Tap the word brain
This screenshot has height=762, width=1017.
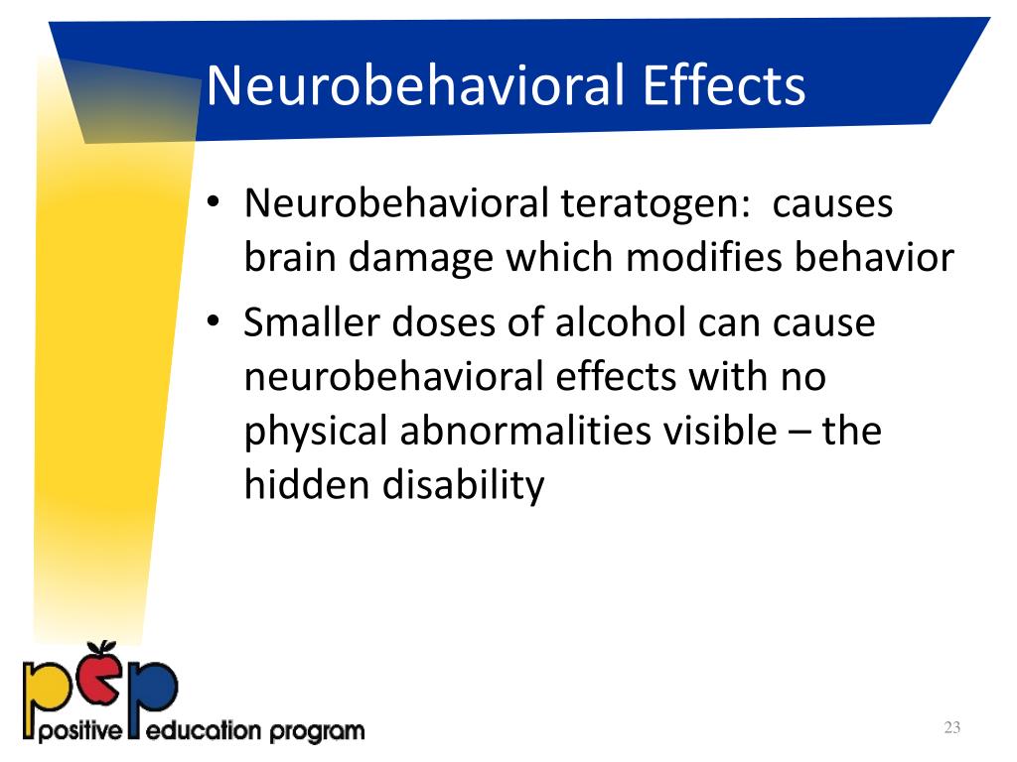(292, 258)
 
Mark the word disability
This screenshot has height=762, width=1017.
(466, 486)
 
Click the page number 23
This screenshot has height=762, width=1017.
(951, 729)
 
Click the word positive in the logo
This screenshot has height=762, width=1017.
(73, 733)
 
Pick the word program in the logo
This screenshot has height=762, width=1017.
(315, 734)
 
